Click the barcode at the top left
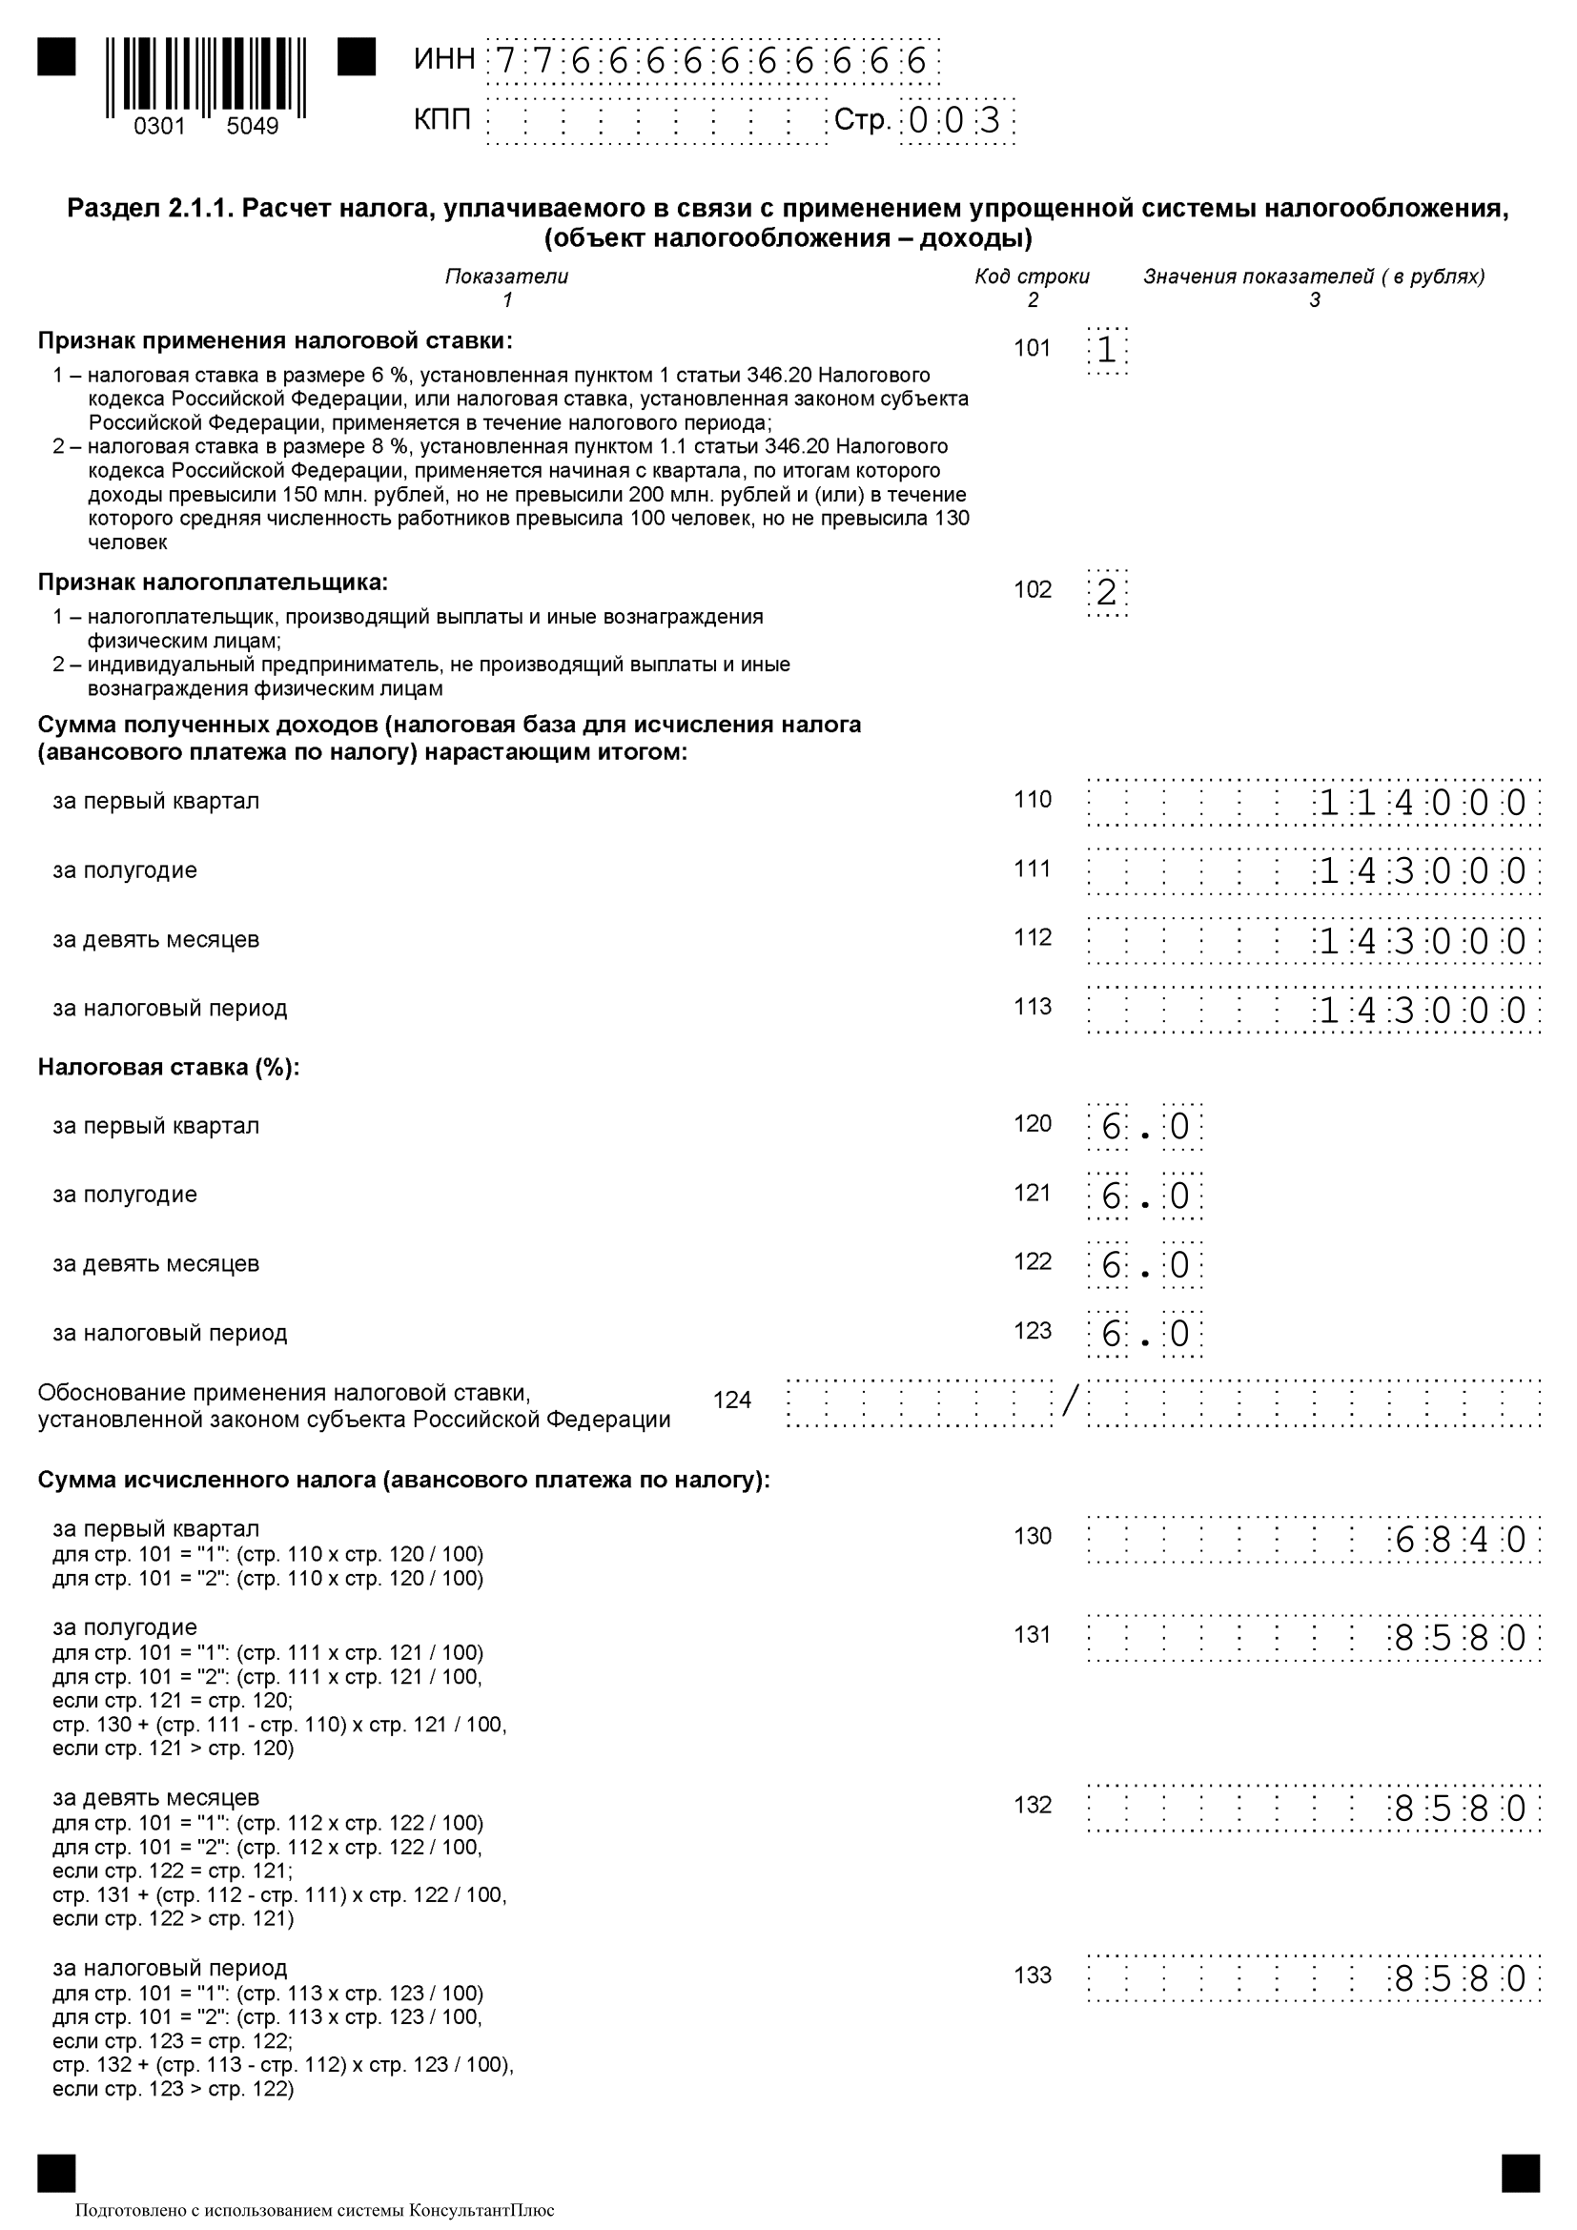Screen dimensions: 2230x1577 tap(206, 77)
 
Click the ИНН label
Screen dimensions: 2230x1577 tap(443, 59)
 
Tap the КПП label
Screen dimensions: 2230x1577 tap(441, 119)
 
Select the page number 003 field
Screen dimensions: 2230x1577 tap(956, 121)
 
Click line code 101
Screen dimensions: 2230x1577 tap(1033, 348)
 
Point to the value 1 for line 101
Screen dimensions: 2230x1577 tap(1107, 350)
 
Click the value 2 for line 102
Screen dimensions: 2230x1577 tap(1107, 591)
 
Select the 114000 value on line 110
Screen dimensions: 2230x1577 tap(1422, 803)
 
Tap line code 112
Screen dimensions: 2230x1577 tap(1033, 938)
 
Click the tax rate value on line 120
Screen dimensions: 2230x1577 tap(1145, 1128)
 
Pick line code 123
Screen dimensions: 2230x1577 tap(1033, 1331)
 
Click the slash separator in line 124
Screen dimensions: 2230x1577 tap(1070, 1401)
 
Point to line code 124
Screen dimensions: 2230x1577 tap(732, 1401)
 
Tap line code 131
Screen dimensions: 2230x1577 tap(1033, 1635)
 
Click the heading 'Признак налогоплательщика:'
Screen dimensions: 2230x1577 tap(213, 583)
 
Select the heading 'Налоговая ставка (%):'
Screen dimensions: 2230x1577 tap(169, 1068)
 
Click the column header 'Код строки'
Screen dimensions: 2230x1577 tap(1033, 276)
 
